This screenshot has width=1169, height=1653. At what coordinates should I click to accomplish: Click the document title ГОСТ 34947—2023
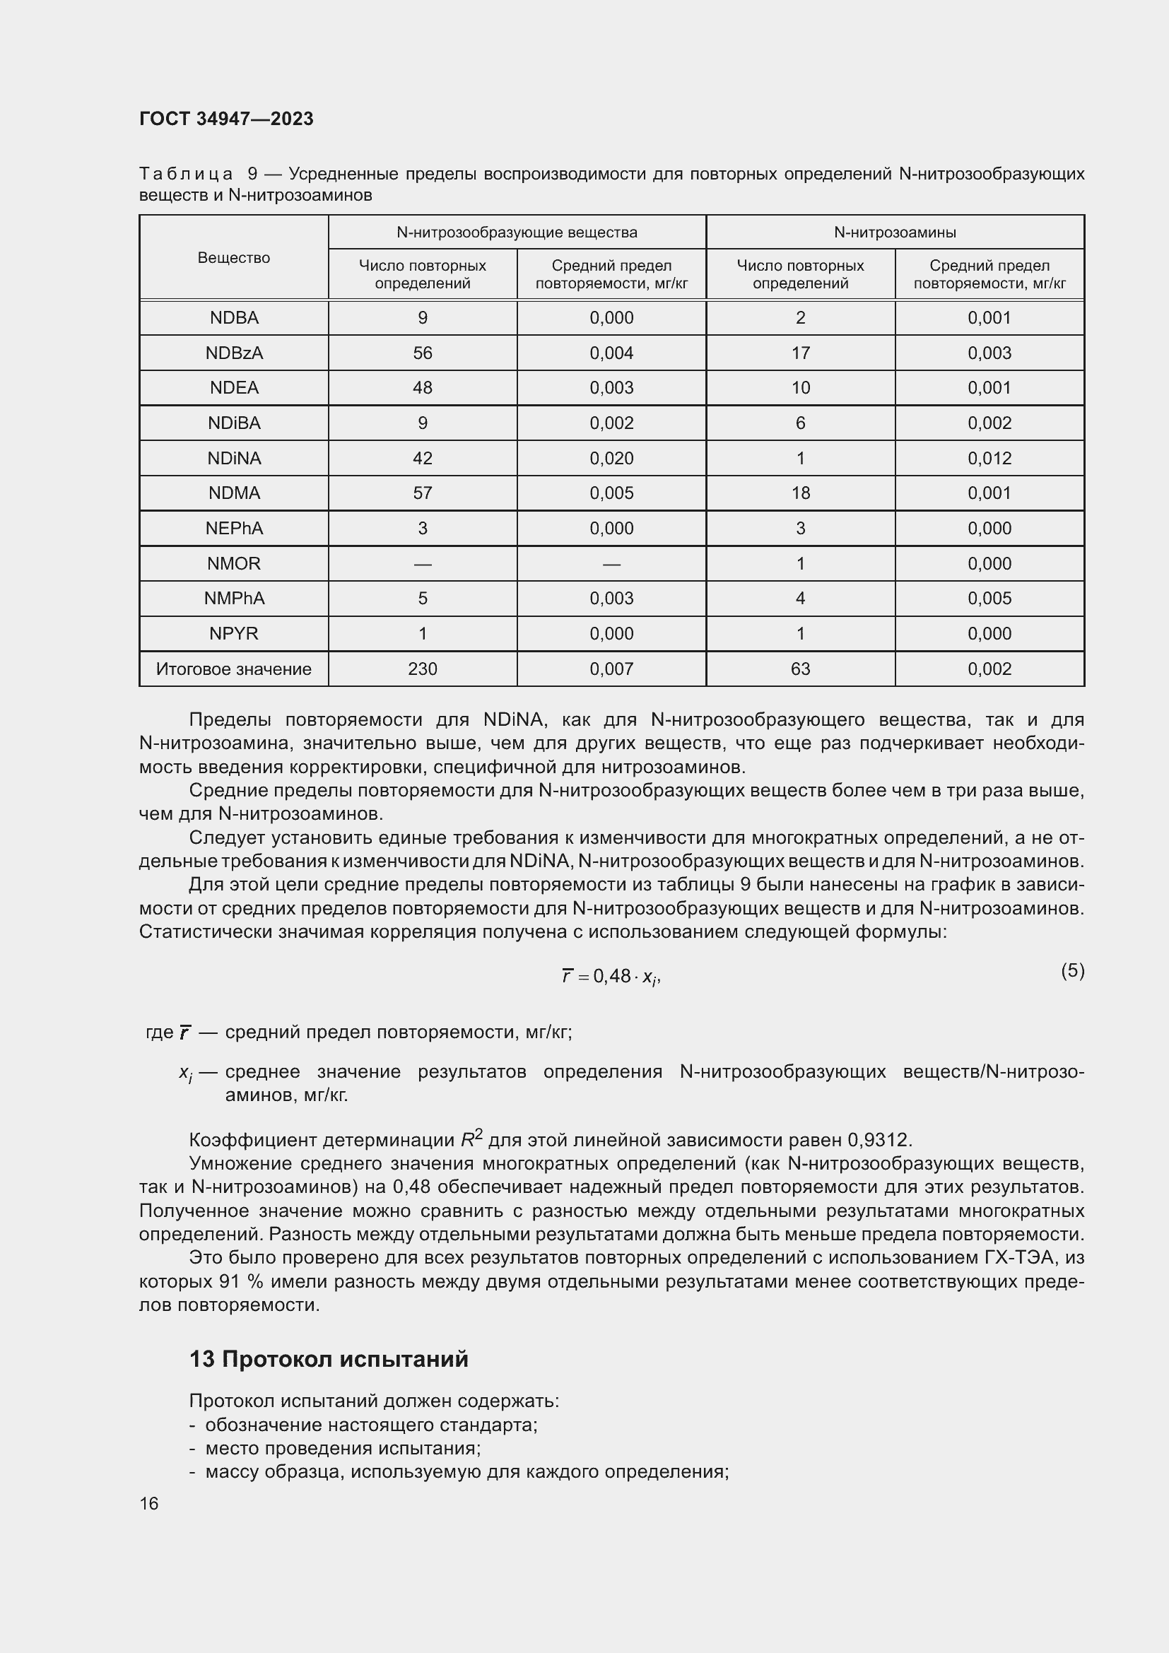click(226, 119)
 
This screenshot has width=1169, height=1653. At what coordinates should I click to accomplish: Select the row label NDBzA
click(234, 353)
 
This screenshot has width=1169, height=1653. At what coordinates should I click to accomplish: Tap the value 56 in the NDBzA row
click(423, 353)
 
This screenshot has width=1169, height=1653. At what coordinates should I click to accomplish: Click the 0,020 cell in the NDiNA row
click(611, 458)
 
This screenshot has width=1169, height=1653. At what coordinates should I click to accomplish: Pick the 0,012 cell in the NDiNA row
click(989, 458)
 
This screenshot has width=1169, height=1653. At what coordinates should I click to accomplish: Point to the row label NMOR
click(234, 563)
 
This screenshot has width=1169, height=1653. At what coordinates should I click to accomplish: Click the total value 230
click(423, 669)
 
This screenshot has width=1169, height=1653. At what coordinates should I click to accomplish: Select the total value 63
click(801, 669)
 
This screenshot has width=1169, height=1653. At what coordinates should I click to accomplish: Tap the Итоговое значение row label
click(234, 669)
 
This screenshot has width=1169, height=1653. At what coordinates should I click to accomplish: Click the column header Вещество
click(234, 258)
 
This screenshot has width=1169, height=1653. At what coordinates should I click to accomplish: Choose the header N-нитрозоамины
click(895, 232)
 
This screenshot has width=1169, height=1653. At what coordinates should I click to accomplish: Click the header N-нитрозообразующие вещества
click(517, 232)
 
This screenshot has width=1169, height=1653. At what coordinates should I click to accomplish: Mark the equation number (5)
click(1072, 970)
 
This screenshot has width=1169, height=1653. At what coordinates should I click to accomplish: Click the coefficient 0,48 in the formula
click(612, 976)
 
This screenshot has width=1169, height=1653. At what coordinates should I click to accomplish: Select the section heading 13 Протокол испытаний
click(328, 1358)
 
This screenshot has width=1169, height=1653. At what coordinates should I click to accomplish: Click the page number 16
click(149, 1503)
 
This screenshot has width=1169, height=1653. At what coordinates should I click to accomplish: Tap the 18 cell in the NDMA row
click(801, 493)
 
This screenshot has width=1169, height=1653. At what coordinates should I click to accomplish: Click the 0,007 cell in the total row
click(611, 669)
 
